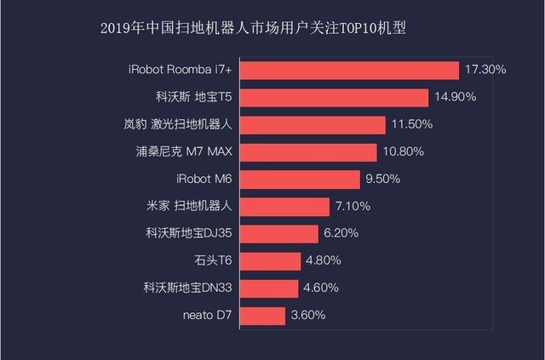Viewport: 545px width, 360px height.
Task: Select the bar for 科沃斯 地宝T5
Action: pos(336,97)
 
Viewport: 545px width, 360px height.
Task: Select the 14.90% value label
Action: pos(455,97)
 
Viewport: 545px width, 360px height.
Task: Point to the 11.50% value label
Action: pos(412,124)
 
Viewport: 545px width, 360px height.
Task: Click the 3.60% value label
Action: pos(308,316)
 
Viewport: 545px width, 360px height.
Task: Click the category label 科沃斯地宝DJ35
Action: pos(188,233)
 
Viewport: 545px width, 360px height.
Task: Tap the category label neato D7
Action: pos(207,316)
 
